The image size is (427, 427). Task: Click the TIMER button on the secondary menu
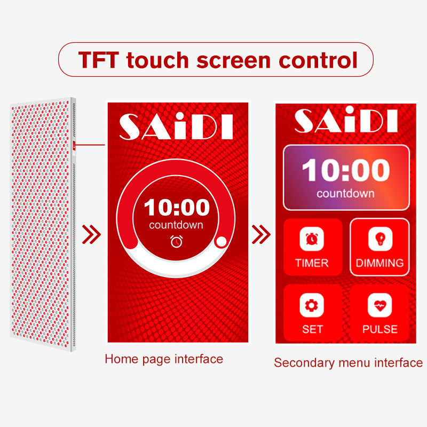[x=313, y=247]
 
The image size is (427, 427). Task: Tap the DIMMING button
[x=379, y=247]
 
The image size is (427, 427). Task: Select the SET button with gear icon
[x=313, y=313]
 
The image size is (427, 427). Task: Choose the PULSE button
[x=379, y=313]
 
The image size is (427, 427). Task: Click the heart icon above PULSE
[x=379, y=305]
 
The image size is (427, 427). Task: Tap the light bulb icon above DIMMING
[x=380, y=239]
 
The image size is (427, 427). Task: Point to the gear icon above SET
[x=312, y=305]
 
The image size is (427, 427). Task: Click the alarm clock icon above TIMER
[x=312, y=239]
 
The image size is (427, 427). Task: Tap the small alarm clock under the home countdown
[x=177, y=242]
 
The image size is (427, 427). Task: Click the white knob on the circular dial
[x=221, y=242]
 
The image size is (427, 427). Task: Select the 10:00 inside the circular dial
[x=177, y=208]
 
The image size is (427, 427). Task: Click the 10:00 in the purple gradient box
[x=346, y=170]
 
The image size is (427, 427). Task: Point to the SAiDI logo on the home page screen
[x=176, y=126]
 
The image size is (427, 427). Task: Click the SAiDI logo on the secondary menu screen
[x=346, y=120]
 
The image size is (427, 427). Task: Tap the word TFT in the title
[x=99, y=60]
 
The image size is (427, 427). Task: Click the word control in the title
[x=318, y=60]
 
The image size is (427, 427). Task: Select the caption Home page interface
[x=164, y=359]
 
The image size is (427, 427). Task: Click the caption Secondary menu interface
[x=349, y=363]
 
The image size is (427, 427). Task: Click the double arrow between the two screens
[x=261, y=234]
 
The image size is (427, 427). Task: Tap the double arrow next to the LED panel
[x=91, y=234]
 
